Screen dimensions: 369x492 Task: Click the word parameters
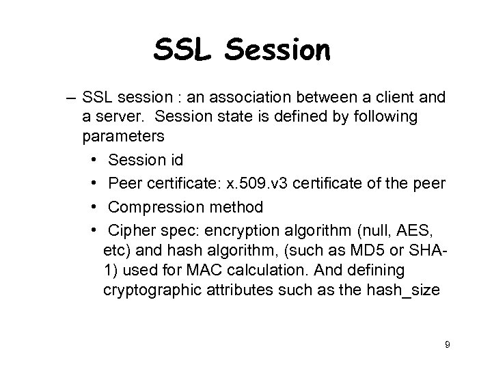point(124,136)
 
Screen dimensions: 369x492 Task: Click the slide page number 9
point(447,345)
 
